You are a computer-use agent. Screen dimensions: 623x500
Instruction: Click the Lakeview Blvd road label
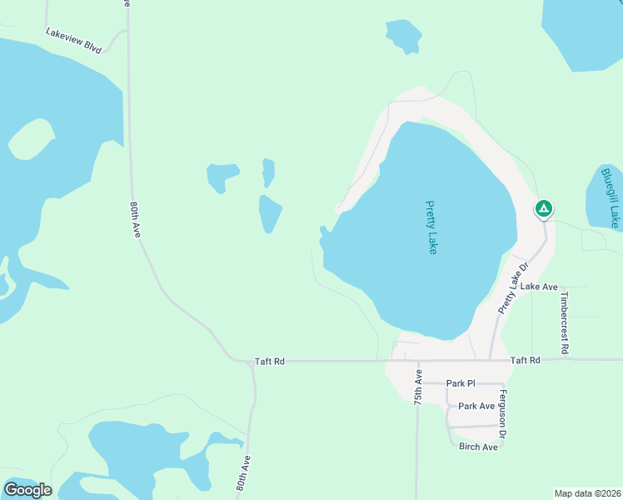[73, 41]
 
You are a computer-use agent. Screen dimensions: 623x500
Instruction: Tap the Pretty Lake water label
[431, 227]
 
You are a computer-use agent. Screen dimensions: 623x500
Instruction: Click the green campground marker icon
[543, 208]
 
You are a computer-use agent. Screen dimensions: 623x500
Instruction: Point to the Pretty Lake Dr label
[513, 288]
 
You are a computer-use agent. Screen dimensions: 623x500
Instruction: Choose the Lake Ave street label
[539, 287]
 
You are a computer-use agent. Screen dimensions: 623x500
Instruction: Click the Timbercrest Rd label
[564, 323]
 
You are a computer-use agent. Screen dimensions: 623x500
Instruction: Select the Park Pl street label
[460, 383]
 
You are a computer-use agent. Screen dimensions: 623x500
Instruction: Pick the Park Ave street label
[476, 407]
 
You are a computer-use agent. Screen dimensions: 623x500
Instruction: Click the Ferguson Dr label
[502, 413]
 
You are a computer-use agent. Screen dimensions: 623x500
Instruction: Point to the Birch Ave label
[478, 447]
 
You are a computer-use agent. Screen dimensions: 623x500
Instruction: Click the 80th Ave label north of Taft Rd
[135, 218]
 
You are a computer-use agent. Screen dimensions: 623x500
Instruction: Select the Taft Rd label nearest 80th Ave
[270, 361]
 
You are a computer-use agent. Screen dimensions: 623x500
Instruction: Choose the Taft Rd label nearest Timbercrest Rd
[526, 360]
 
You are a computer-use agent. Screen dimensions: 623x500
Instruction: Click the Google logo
[27, 490]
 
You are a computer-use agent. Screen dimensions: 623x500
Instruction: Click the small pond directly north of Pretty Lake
[404, 35]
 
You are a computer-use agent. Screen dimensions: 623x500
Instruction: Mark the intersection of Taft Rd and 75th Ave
[417, 362]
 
